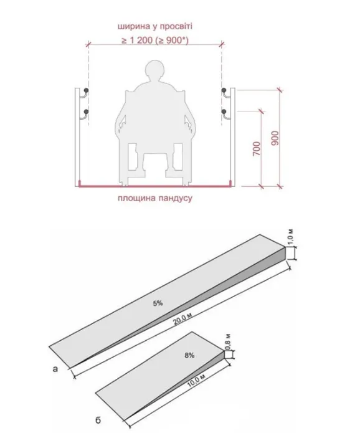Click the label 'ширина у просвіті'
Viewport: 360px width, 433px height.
tap(155, 27)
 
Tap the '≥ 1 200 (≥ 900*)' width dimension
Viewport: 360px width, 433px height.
tap(155, 40)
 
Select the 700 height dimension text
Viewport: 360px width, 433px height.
tap(257, 148)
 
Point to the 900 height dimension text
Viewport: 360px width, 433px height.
tap(275, 138)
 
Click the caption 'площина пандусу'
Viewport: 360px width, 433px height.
tap(155, 198)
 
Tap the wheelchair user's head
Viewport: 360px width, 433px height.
tap(155, 70)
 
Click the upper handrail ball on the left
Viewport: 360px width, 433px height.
tap(87, 90)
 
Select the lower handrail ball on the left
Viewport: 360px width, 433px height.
tap(87, 112)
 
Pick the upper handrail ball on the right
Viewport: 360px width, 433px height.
tap(224, 90)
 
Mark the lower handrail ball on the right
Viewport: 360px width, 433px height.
tap(224, 112)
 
